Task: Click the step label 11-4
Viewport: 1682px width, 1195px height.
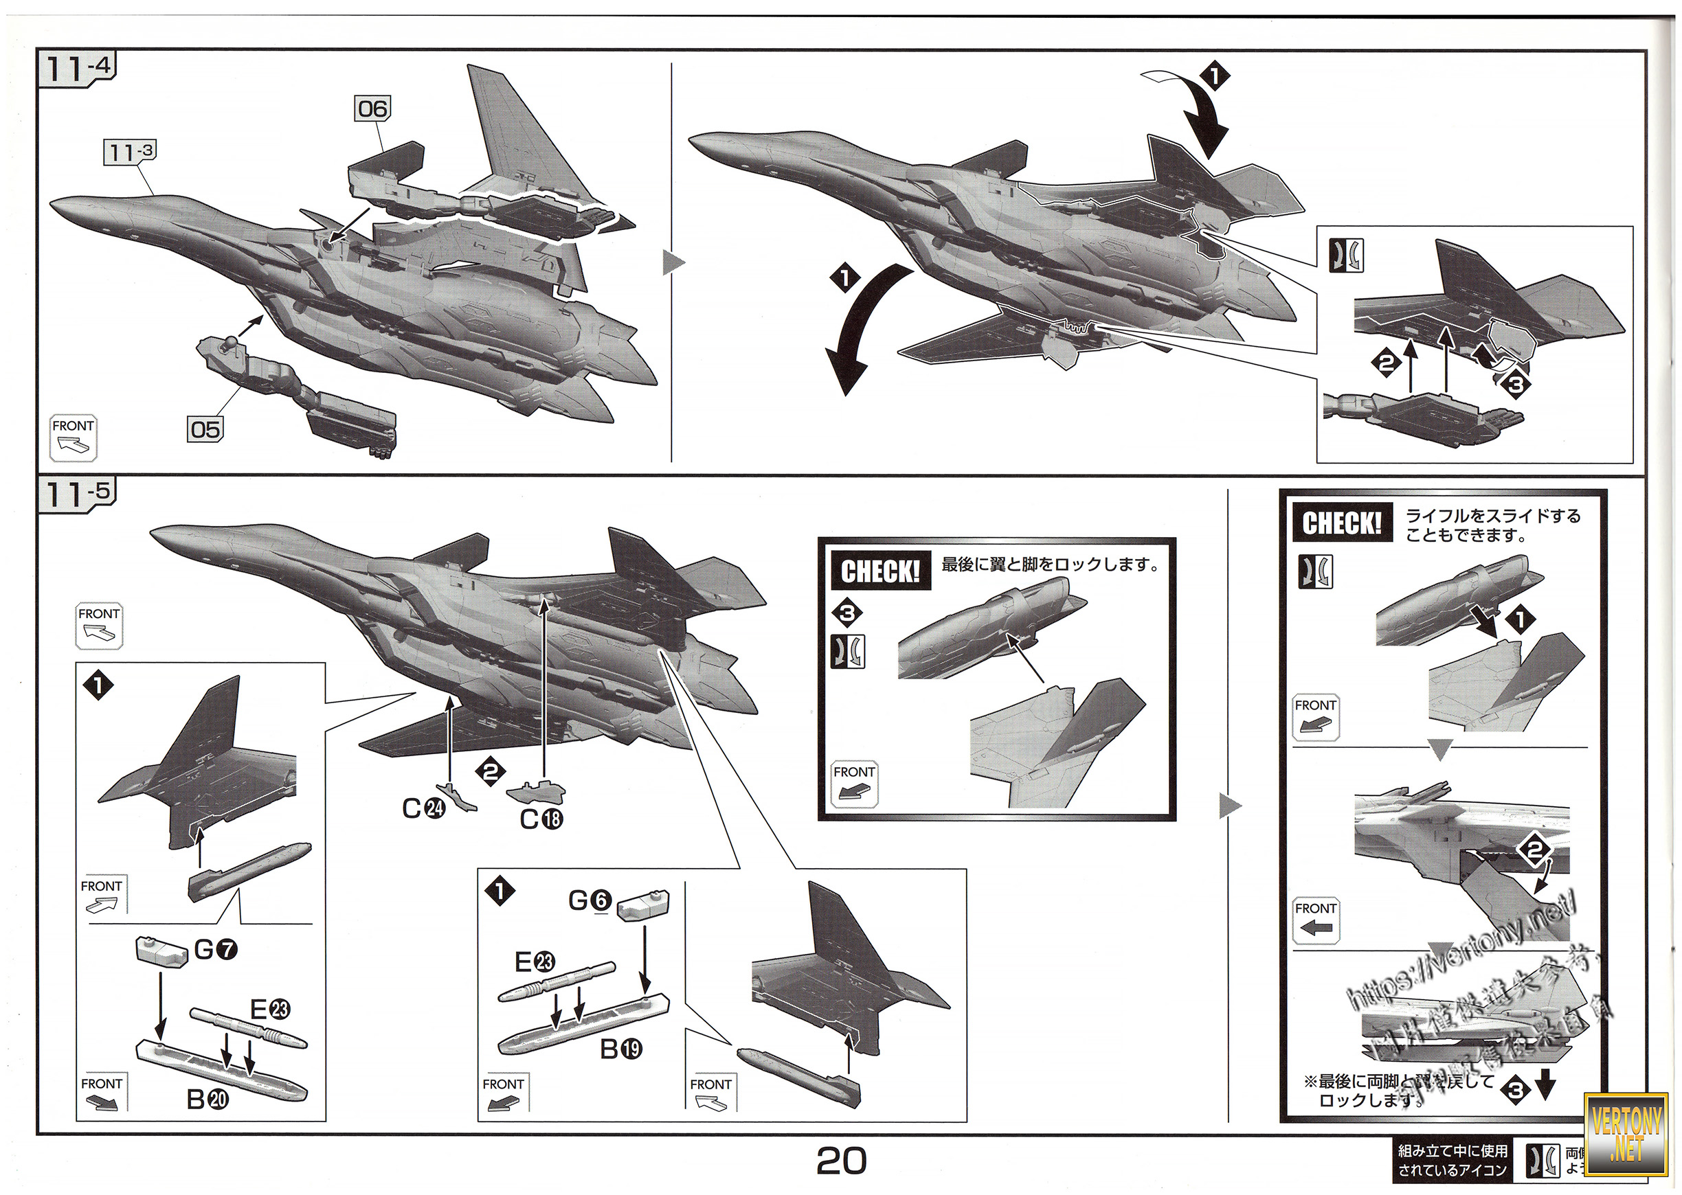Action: tap(77, 69)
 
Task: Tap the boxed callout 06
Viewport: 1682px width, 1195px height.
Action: tap(372, 110)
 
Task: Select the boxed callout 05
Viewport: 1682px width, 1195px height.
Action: tap(205, 430)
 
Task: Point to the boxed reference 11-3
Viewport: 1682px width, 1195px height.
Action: tap(131, 152)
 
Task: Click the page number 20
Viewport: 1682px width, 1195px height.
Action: tap(842, 1161)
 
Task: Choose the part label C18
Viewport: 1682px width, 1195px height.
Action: tap(541, 819)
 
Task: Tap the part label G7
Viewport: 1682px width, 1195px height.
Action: tap(216, 949)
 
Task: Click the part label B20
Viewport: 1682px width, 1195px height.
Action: tap(208, 1100)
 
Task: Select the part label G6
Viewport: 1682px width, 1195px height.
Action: tap(590, 900)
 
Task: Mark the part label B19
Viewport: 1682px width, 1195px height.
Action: tap(620, 1049)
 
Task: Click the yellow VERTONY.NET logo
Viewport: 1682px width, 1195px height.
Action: tap(1626, 1133)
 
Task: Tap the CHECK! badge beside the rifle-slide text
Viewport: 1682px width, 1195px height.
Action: tap(1342, 523)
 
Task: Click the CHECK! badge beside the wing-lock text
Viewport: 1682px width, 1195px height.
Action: tap(880, 571)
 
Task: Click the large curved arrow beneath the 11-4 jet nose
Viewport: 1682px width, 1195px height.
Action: tap(860, 331)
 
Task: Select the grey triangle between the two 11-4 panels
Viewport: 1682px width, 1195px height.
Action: tap(673, 262)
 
